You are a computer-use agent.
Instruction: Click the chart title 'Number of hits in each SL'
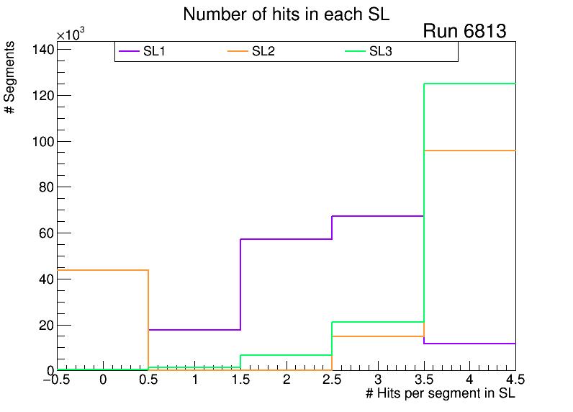286,14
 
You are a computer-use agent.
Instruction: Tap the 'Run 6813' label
464,32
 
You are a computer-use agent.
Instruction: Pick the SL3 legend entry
380,51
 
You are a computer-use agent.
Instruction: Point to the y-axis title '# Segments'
10,77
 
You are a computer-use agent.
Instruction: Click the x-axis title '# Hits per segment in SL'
441,394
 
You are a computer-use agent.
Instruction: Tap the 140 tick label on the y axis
42,49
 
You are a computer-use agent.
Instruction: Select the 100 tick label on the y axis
42,141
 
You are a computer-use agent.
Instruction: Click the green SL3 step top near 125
469,84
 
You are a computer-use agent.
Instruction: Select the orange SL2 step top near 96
469,150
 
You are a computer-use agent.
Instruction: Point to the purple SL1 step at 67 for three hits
377,216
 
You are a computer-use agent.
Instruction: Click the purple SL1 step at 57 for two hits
286,239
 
